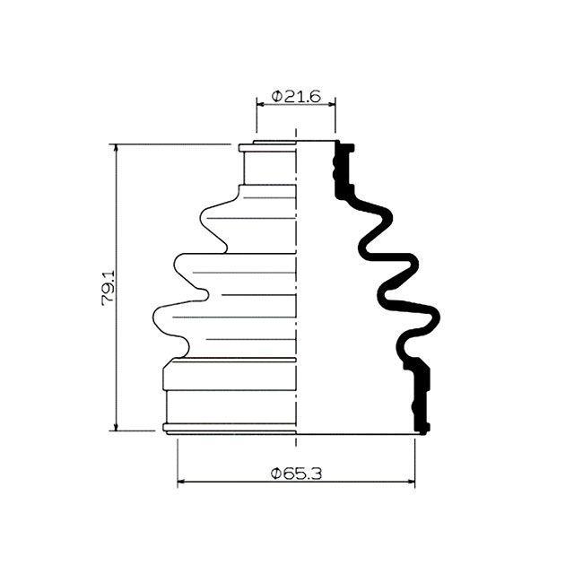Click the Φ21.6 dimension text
(x=296, y=96)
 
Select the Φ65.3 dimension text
(x=296, y=474)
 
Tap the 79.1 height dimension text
(x=109, y=288)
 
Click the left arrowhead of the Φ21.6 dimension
(x=260, y=104)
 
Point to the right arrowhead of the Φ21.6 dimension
(x=331, y=104)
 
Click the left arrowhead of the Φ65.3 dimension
(x=181, y=482)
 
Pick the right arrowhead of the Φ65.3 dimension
(x=411, y=482)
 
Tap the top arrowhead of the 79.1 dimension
(x=117, y=148)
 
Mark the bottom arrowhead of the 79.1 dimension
(x=117, y=427)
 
